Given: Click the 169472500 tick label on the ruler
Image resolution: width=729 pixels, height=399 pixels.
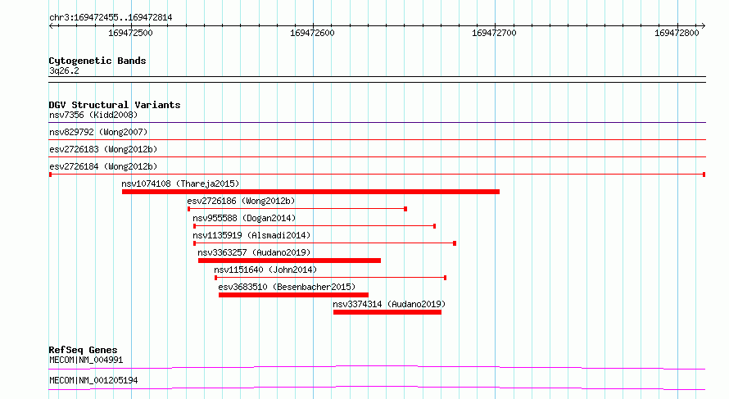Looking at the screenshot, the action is click(x=130, y=33).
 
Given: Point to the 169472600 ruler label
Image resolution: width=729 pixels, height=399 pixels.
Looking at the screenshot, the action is click(x=312, y=33).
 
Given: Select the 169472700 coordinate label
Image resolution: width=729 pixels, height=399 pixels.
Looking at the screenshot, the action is click(x=494, y=33).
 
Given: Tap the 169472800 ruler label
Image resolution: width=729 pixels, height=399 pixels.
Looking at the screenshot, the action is click(x=677, y=33).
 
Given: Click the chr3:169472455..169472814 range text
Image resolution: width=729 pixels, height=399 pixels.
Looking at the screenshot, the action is click(x=111, y=18).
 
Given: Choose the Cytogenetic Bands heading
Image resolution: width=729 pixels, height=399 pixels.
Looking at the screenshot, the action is click(x=97, y=61).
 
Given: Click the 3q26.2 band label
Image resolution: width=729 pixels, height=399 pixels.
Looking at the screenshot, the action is click(x=64, y=70).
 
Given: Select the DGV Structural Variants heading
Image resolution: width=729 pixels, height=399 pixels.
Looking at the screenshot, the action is click(x=115, y=105).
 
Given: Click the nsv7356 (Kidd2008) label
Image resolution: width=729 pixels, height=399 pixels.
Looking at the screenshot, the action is click(x=93, y=115).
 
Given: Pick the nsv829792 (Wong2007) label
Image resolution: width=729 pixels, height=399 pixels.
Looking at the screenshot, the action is click(x=98, y=132).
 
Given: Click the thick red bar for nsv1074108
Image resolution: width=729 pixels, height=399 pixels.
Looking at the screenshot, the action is click(x=310, y=192).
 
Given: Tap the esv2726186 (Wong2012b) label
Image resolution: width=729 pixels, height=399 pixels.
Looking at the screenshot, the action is click(x=241, y=201).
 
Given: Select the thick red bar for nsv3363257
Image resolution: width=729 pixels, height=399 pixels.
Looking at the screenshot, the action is click(x=289, y=261).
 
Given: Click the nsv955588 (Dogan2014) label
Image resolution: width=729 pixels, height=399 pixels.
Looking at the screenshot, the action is click(x=244, y=218).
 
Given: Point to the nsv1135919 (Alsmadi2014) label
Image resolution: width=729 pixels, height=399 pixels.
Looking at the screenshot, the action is click(x=251, y=235).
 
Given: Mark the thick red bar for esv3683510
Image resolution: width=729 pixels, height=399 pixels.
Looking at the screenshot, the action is click(x=293, y=295).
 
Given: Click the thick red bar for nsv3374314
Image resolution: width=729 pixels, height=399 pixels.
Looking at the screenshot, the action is click(x=387, y=312).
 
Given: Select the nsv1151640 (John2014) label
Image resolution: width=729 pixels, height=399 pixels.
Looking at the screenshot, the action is click(x=265, y=270).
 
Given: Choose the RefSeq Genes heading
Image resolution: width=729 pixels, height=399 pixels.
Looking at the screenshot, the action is click(x=83, y=350).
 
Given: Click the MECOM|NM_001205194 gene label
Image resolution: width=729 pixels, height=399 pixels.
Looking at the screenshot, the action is click(x=93, y=380).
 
